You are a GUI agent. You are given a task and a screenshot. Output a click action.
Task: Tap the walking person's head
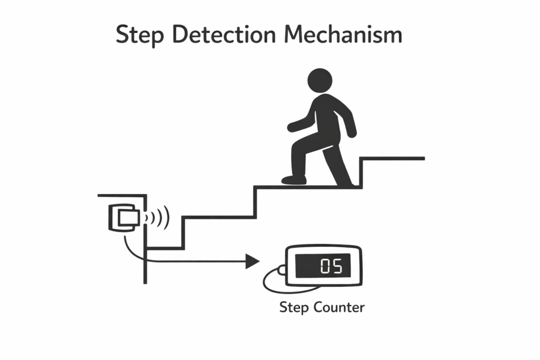click(320, 80)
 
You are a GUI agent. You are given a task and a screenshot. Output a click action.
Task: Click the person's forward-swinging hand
click(292, 127)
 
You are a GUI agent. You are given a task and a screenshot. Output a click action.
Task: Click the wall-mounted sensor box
click(124, 217)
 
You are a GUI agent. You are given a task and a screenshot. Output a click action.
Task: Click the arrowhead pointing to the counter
click(253, 261)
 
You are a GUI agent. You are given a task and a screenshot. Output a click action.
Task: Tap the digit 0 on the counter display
click(325, 266)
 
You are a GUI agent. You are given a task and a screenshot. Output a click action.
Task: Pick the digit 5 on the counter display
click(337, 266)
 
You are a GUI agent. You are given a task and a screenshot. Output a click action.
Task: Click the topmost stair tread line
click(393, 158)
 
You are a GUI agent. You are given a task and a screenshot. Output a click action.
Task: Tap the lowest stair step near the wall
click(165, 248)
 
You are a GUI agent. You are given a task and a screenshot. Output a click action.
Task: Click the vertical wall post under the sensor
click(145, 264)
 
